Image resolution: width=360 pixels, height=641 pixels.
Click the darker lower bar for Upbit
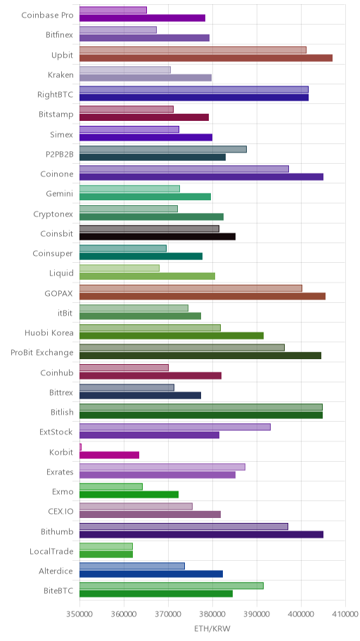(x=206, y=58)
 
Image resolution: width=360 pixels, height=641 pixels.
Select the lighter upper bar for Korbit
(x=80, y=447)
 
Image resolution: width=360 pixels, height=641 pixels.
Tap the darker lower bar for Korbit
(x=109, y=455)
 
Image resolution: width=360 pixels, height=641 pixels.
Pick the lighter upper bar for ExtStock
(x=174, y=427)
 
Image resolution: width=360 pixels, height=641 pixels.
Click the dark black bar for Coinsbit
(x=157, y=237)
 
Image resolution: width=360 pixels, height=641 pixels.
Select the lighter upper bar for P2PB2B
(x=163, y=149)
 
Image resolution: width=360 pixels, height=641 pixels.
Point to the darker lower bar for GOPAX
(x=202, y=297)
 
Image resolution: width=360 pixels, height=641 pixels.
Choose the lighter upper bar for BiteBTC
(x=172, y=585)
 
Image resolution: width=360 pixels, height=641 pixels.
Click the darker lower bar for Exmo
(x=129, y=495)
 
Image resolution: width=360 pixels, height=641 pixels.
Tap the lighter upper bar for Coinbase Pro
(x=113, y=11)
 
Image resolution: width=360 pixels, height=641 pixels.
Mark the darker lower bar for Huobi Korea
(x=172, y=336)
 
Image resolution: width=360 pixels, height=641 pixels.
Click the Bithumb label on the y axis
(x=57, y=532)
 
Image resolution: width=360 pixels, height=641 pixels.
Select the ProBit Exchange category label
(x=42, y=353)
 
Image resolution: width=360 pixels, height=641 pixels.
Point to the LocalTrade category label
(x=51, y=552)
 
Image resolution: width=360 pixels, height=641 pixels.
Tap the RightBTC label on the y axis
(x=56, y=95)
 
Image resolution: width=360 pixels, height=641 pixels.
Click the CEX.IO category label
(x=60, y=512)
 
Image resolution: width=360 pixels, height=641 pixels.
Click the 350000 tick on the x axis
(x=79, y=614)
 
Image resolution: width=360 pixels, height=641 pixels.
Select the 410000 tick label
(x=345, y=614)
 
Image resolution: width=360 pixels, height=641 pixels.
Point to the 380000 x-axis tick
(x=212, y=614)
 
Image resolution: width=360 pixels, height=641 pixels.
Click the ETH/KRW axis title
(x=212, y=629)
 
